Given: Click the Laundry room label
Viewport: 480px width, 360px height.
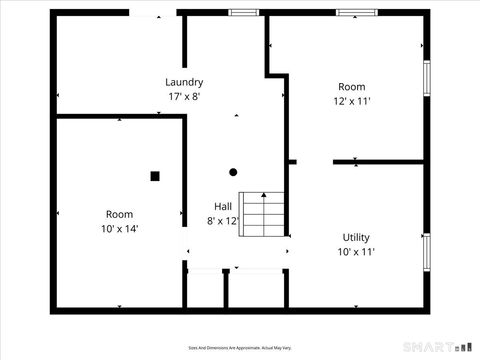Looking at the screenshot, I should (x=185, y=82).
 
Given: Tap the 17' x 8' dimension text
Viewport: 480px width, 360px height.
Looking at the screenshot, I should (x=185, y=96).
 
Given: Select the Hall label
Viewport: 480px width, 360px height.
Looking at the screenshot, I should (x=223, y=206).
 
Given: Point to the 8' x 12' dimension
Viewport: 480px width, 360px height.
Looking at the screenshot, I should (x=223, y=221).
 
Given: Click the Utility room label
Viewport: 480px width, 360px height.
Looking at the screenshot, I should (x=356, y=237).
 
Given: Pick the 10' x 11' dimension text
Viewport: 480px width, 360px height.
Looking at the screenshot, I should (x=356, y=252).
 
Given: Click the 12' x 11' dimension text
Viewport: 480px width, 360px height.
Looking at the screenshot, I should (x=352, y=101).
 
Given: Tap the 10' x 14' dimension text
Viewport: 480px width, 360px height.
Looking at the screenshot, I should (x=120, y=229).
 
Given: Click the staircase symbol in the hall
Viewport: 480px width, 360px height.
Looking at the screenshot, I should (x=261, y=212).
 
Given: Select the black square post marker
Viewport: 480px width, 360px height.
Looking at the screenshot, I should (x=155, y=176).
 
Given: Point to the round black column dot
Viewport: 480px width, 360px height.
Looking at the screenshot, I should (x=233, y=171).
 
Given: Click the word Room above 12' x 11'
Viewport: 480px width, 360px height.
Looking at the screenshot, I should (x=352, y=86).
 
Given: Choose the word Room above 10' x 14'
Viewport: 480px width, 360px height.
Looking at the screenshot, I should (x=120, y=214).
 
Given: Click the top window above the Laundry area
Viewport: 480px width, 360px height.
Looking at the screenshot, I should (x=243, y=12).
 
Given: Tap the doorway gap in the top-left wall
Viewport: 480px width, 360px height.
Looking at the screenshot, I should (x=153, y=12).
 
